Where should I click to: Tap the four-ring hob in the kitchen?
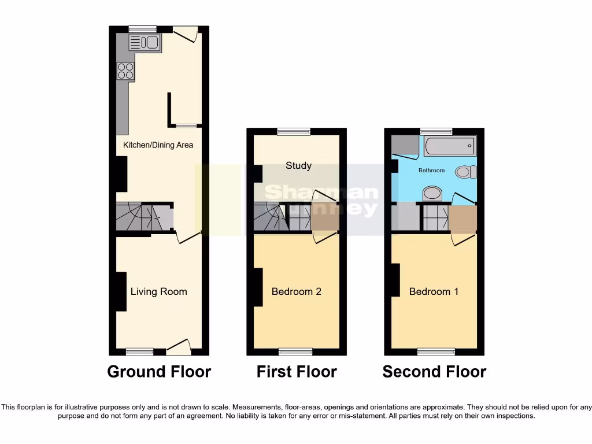coord(125,71)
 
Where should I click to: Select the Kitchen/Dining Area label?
coord(158,145)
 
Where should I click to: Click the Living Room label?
coord(158,291)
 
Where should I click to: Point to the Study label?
coord(298,166)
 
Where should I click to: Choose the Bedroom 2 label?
coord(296,291)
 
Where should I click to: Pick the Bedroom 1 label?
coord(434,291)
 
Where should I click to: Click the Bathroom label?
coord(432,171)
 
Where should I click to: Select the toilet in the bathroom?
coord(465,172)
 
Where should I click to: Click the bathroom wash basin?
coord(432,194)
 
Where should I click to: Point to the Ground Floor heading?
coord(159,372)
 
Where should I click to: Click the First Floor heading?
coord(297,372)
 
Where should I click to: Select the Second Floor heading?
coord(434,372)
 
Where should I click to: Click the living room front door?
coord(179,347)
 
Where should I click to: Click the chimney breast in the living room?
coord(121,291)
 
